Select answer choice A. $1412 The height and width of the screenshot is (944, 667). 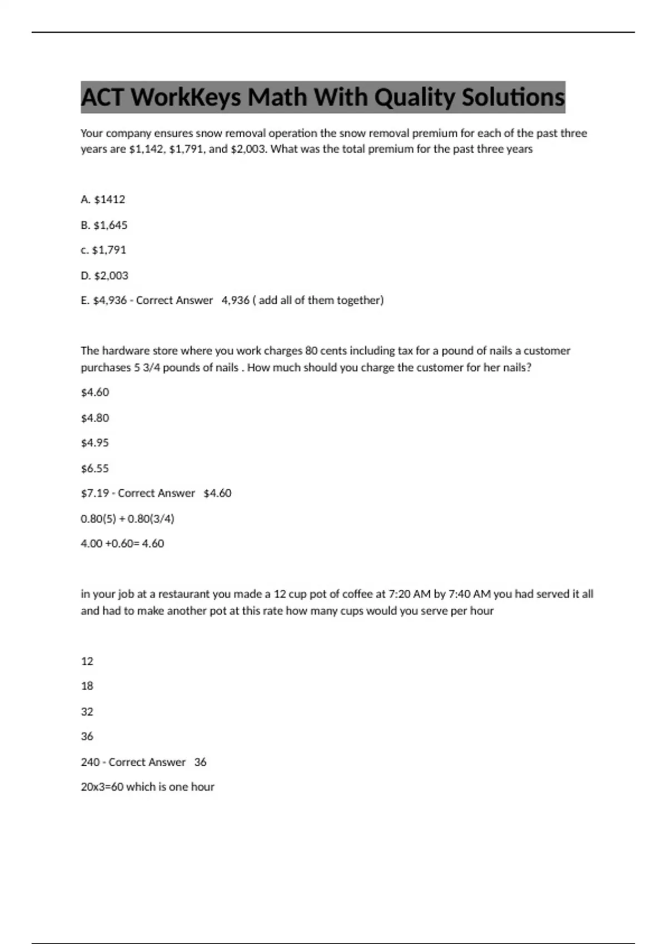pyautogui.click(x=103, y=199)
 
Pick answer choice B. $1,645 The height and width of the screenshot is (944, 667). pyautogui.click(x=104, y=225)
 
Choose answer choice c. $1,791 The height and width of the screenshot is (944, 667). pyautogui.click(x=103, y=250)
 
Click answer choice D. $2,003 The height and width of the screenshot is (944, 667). pyautogui.click(x=104, y=275)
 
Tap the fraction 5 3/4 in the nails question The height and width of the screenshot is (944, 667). pyautogui.click(x=145, y=368)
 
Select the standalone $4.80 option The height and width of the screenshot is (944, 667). pyautogui.click(x=95, y=418)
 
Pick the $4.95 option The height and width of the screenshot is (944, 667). pyautogui.click(x=95, y=443)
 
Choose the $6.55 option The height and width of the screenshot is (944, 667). pyautogui.click(x=95, y=468)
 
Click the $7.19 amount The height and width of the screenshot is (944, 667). pyautogui.click(x=95, y=493)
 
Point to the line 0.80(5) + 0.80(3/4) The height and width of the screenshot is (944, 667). pyautogui.click(x=127, y=519)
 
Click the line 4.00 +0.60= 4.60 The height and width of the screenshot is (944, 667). pyautogui.click(x=122, y=544)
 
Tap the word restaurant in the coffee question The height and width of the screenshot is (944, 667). pyautogui.click(x=183, y=594)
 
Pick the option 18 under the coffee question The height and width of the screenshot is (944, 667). pyautogui.click(x=87, y=686)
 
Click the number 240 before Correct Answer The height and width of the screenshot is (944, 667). pyautogui.click(x=90, y=762)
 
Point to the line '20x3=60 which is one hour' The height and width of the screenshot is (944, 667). pyautogui.click(x=147, y=787)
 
